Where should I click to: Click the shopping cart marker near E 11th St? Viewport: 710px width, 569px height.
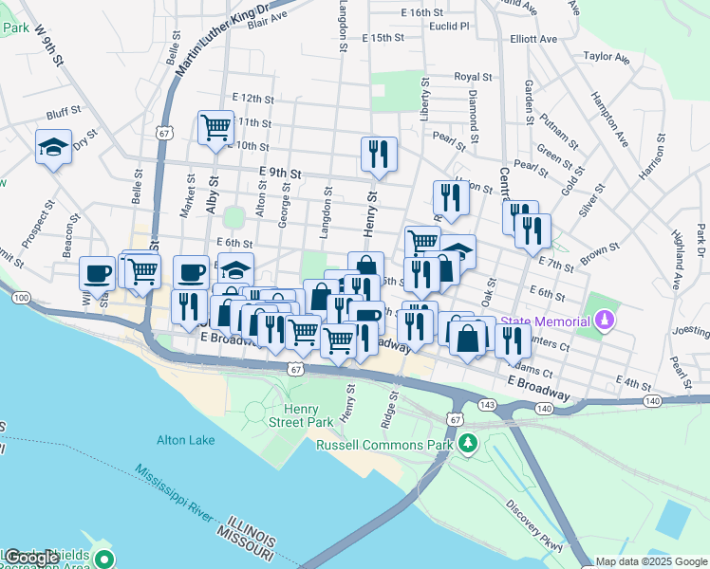pos(216,126)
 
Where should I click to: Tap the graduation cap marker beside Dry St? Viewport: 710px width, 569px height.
pos(53,147)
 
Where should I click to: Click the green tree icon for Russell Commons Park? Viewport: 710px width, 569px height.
pos(466,443)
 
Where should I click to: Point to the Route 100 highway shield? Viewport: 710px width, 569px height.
pos(21,298)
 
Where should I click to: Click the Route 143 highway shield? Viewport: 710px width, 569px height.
pos(486,404)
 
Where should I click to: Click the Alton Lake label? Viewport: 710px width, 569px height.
pos(186,440)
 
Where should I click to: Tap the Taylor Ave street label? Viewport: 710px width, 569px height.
pos(607,57)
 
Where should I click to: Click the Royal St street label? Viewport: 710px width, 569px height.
pos(473,77)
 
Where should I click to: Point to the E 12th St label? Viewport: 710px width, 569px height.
pos(252,99)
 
